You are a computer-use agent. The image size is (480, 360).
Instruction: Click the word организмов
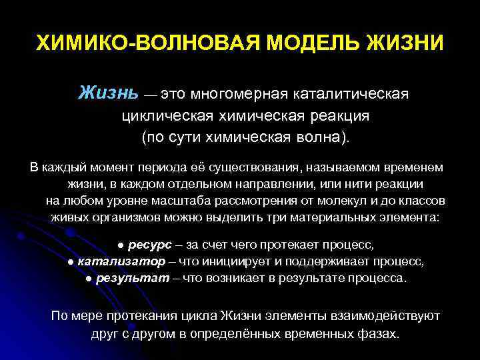click(127, 217)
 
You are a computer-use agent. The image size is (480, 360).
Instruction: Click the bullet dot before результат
click(89, 278)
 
